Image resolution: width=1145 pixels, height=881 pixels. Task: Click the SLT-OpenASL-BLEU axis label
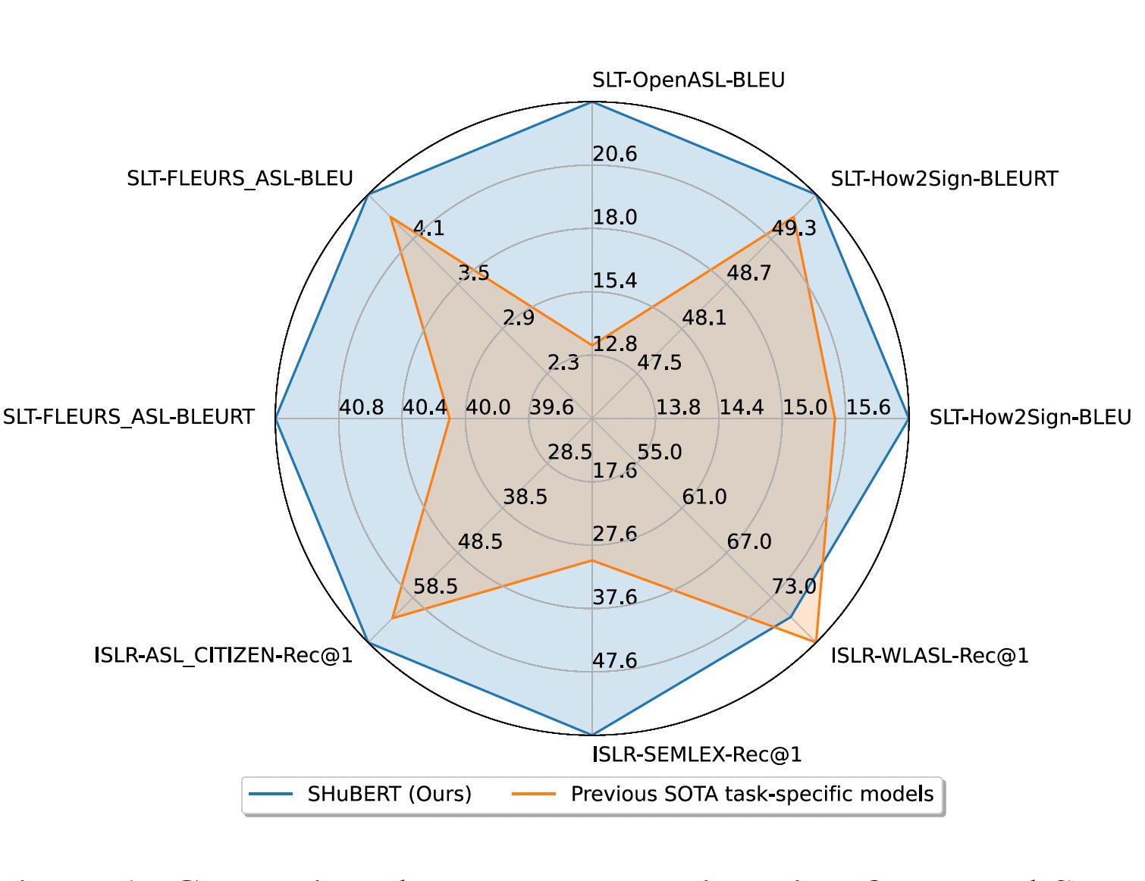[x=688, y=80]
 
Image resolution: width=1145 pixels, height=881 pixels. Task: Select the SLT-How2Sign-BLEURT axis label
[x=943, y=180]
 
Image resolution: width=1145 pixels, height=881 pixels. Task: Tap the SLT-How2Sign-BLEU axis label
[x=1030, y=418]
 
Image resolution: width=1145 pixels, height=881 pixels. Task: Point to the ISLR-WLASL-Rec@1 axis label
[x=929, y=656]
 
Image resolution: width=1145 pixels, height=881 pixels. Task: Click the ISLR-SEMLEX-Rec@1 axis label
[x=696, y=755]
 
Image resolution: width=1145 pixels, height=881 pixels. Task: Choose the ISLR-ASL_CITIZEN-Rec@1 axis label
[x=223, y=655]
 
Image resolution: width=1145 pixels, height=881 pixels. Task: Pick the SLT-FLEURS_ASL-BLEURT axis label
[x=128, y=418]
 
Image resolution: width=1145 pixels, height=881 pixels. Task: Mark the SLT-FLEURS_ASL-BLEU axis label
[x=240, y=179]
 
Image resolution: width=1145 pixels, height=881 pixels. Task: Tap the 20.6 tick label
[x=615, y=155]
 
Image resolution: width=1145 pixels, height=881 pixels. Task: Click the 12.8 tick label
[x=615, y=344]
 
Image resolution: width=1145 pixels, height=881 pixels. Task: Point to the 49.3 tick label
[x=794, y=228]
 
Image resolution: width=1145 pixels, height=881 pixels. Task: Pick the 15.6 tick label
[x=868, y=408]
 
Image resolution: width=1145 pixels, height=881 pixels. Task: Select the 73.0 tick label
[x=794, y=586]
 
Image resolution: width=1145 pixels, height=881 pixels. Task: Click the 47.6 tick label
[x=615, y=661]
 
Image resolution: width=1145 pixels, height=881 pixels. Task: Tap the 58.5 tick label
[x=435, y=587]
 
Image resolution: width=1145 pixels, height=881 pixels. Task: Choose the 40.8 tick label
[x=362, y=408]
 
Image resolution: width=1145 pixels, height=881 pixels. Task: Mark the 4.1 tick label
[x=429, y=228]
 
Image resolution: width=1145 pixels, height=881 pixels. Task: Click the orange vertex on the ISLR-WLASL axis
[x=815, y=641]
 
